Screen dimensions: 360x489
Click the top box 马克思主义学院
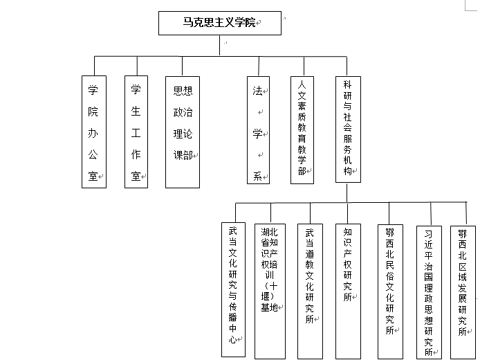(x=219, y=23)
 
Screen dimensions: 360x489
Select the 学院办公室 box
(x=93, y=131)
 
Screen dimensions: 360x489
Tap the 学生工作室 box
(x=136, y=131)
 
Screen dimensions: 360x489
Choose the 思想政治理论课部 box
(x=183, y=131)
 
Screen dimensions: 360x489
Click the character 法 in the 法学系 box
(x=257, y=91)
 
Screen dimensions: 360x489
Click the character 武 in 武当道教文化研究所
(x=309, y=232)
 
